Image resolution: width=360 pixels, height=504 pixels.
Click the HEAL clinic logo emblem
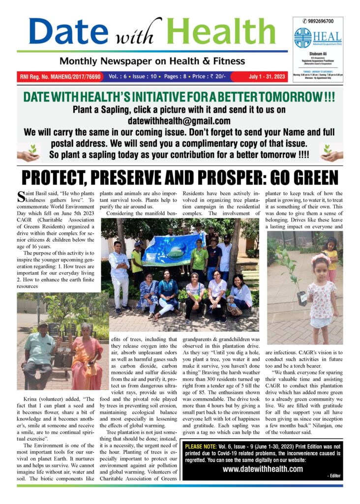pyautogui.click(x=303, y=38)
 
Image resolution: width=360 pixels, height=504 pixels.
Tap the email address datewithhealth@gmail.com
pyautogui.click(x=180, y=121)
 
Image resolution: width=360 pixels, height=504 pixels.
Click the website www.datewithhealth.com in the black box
pyautogui.click(x=263, y=469)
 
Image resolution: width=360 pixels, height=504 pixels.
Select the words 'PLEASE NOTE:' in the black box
pyautogui.click(x=203, y=446)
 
